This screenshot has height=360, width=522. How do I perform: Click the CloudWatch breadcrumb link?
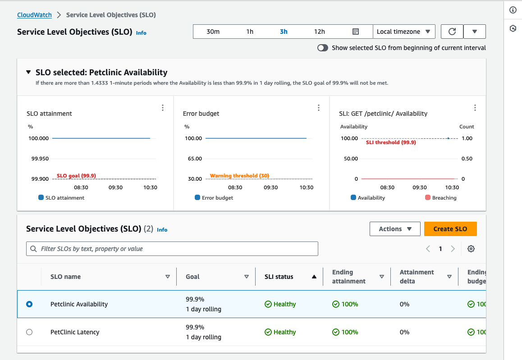click(x=34, y=15)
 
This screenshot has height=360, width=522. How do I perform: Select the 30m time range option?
click(x=213, y=32)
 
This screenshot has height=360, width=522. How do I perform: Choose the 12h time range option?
click(x=320, y=32)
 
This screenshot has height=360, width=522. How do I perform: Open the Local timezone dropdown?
click(x=403, y=32)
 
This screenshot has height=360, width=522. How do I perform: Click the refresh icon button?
click(x=452, y=32)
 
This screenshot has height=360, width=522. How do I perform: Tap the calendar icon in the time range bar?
click(x=355, y=32)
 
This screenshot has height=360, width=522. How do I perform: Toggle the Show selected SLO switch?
click(x=323, y=48)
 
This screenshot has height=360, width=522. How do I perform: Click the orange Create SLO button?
click(x=450, y=229)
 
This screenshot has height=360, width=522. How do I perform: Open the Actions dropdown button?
click(x=395, y=229)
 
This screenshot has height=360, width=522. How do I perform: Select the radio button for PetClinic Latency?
click(x=29, y=332)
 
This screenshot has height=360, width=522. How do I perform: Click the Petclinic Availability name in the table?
click(x=79, y=304)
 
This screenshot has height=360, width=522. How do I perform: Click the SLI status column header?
click(x=279, y=277)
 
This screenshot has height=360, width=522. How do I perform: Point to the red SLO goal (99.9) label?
click(x=76, y=176)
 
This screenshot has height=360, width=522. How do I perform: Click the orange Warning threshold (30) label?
click(x=239, y=176)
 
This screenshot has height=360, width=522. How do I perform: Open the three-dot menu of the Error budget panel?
click(x=319, y=108)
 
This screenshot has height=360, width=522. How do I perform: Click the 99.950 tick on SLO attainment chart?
click(x=39, y=159)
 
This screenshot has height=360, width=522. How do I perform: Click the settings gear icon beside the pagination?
click(x=471, y=249)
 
